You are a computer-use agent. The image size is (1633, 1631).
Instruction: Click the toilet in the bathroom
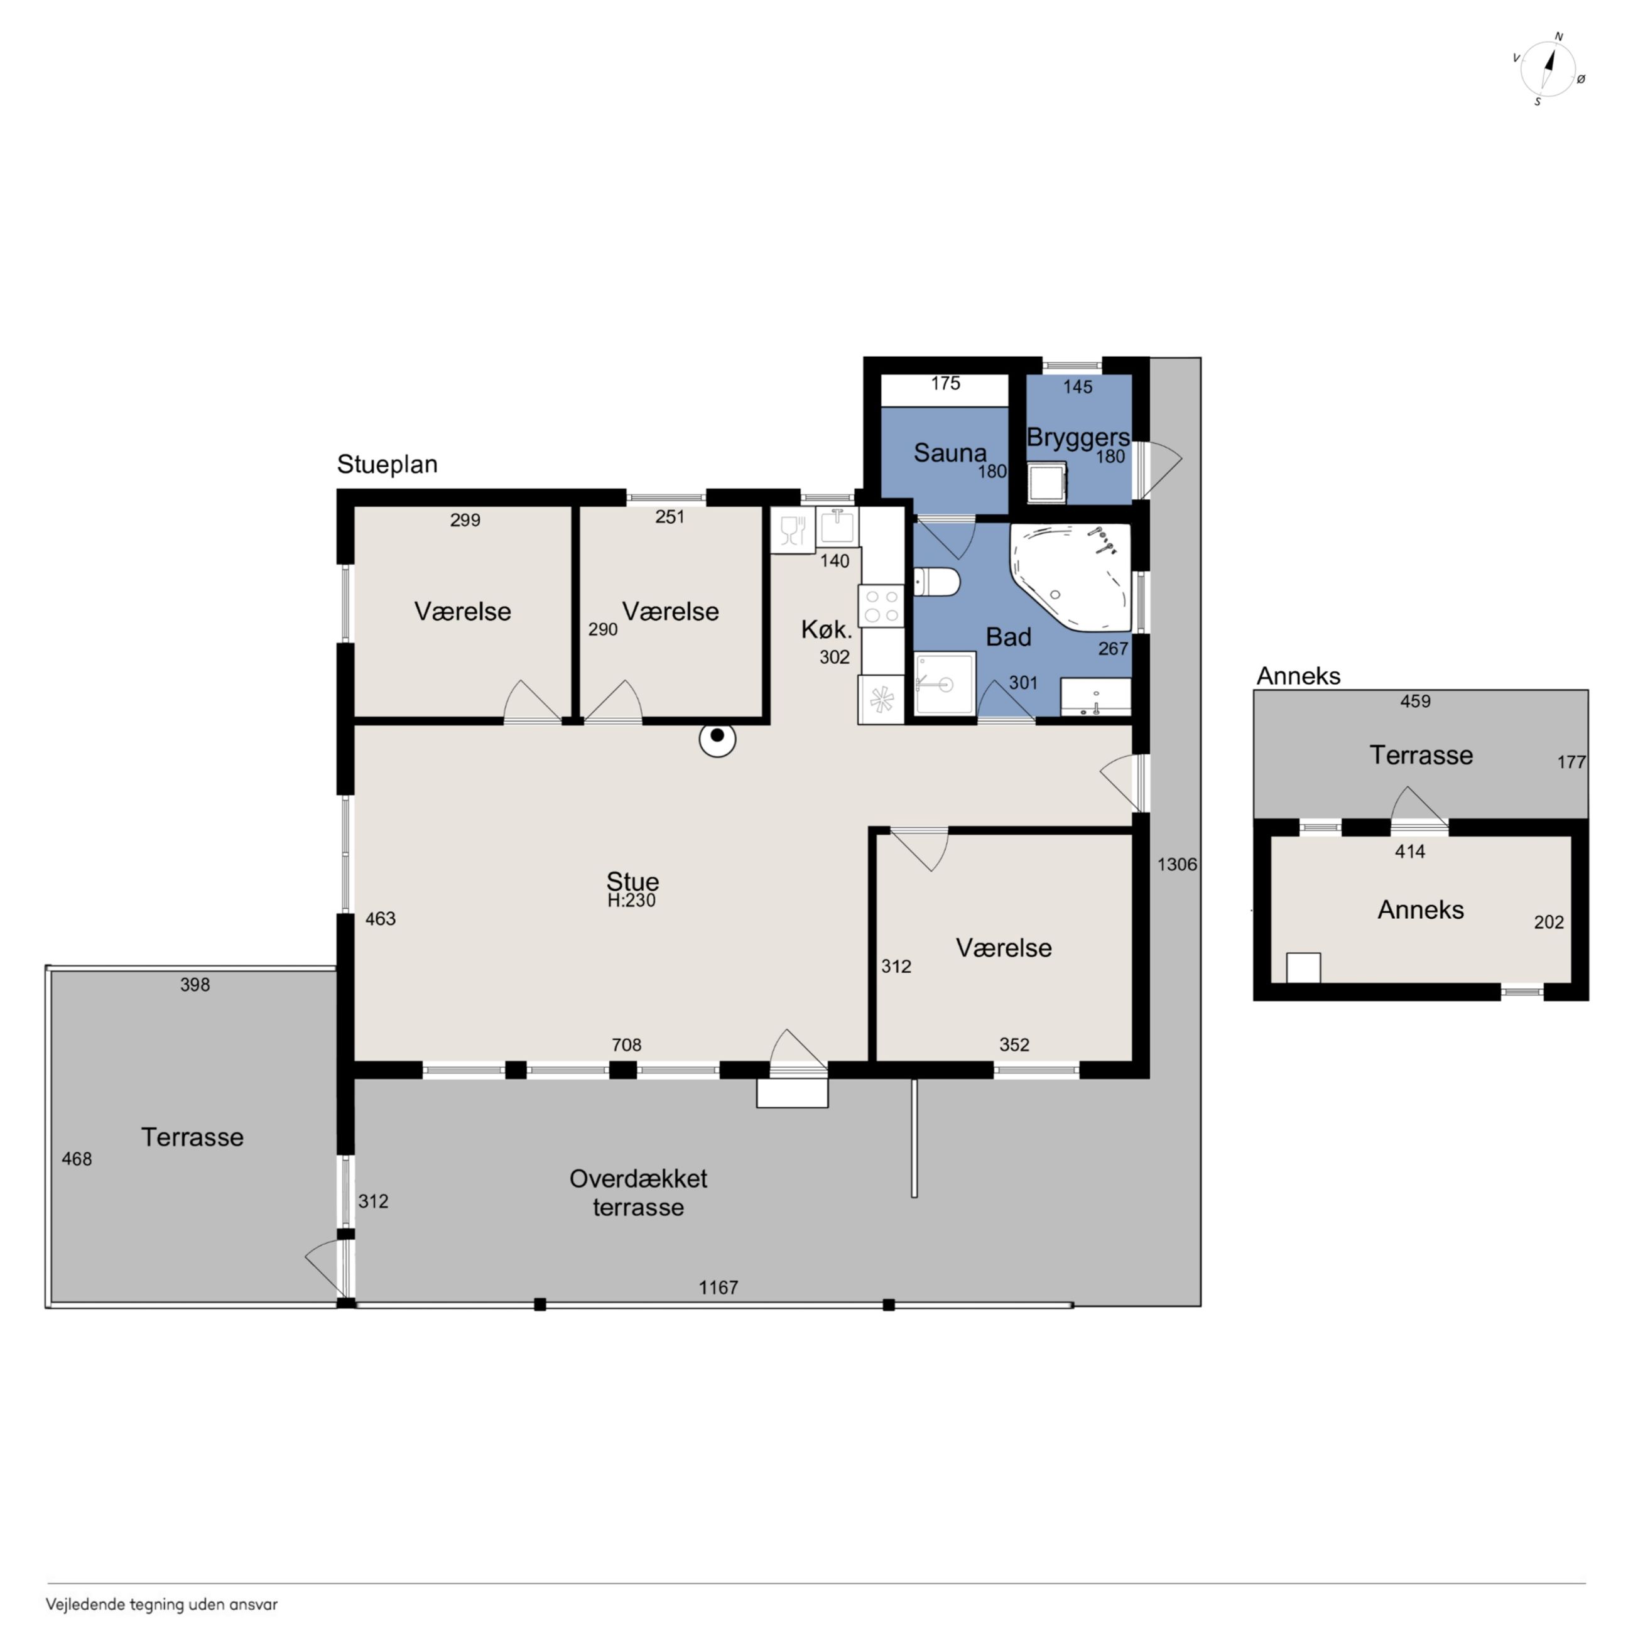(936, 582)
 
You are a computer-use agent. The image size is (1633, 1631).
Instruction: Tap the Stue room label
(632, 881)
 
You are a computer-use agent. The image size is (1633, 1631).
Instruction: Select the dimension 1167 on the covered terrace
(719, 1287)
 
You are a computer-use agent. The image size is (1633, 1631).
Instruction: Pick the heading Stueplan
(387, 464)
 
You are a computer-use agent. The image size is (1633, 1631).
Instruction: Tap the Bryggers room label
(1078, 438)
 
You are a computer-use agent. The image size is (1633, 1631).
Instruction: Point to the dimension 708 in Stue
(626, 1044)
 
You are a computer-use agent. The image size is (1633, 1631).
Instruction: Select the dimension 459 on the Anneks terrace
(1415, 700)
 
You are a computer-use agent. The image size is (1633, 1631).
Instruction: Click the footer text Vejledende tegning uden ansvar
(161, 1604)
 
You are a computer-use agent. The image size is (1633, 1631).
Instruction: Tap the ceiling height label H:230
(631, 901)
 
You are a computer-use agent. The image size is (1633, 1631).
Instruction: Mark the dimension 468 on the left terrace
(77, 1159)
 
